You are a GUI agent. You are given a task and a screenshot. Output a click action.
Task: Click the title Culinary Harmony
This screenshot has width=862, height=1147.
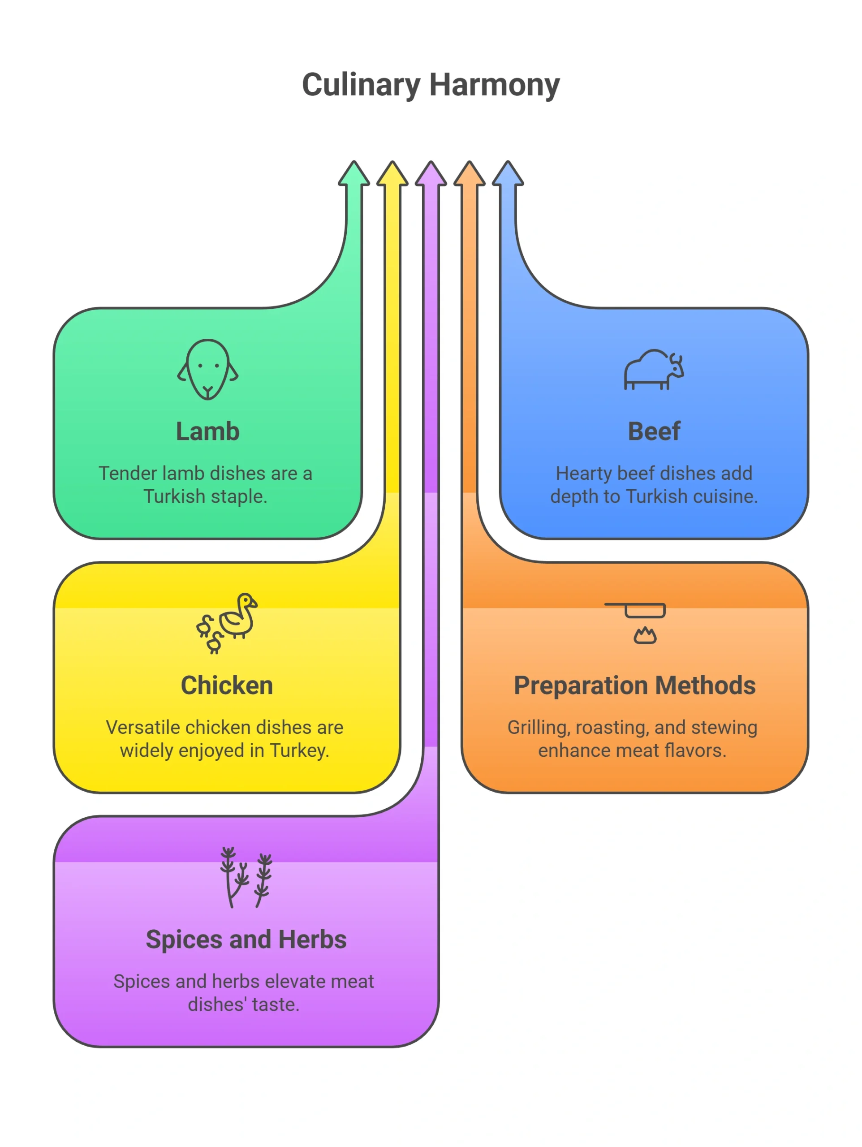pyautogui.click(x=431, y=85)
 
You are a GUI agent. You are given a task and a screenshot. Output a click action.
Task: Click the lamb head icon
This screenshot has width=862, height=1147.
pyautogui.click(x=207, y=369)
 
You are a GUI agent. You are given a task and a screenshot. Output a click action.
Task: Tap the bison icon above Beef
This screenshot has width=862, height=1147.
pyautogui.click(x=654, y=369)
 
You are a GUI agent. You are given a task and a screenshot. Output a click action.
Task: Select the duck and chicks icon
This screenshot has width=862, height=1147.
pyautogui.click(x=227, y=623)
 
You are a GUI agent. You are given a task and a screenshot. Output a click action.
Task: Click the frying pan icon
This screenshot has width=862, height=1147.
pyautogui.click(x=634, y=610)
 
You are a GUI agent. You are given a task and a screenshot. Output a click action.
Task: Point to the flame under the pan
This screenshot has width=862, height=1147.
pyautogui.click(x=645, y=635)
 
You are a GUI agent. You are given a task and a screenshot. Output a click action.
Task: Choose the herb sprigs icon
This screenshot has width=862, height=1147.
pyautogui.click(x=246, y=877)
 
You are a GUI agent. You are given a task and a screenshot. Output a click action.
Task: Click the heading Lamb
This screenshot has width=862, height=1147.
pyautogui.click(x=207, y=431)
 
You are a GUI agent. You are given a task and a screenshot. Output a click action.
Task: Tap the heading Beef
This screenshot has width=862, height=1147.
pyautogui.click(x=654, y=431)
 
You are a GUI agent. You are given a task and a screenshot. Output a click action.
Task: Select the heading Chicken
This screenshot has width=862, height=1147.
pyautogui.click(x=227, y=686)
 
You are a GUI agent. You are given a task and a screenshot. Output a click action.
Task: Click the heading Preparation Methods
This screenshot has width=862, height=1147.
pyautogui.click(x=634, y=686)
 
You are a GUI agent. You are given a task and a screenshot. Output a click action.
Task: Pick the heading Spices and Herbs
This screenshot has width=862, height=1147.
pyautogui.click(x=246, y=940)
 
